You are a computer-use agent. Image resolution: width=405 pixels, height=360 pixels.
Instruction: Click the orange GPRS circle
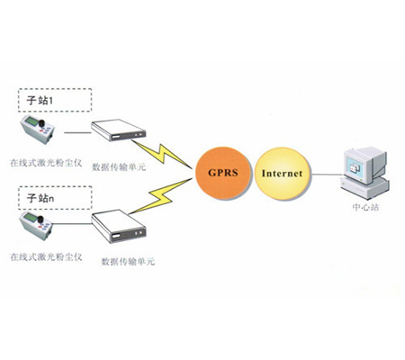(x=223, y=173)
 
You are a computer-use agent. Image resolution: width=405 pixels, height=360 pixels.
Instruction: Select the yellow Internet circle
(x=282, y=174)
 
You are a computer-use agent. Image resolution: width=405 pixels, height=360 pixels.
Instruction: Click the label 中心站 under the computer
(x=365, y=207)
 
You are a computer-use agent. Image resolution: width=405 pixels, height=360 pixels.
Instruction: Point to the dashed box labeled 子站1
(x=55, y=100)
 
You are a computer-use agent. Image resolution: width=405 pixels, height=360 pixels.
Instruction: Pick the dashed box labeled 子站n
(x=55, y=198)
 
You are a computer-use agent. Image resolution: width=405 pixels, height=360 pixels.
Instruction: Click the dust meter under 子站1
(x=37, y=130)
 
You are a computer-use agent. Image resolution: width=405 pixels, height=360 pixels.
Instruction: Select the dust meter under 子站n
(x=36, y=226)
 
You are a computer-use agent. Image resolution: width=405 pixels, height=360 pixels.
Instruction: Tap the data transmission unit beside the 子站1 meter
(x=118, y=130)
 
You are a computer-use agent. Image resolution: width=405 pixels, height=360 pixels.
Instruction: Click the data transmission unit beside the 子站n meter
(x=119, y=226)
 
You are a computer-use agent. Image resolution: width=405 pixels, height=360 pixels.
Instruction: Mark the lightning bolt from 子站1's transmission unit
(x=162, y=154)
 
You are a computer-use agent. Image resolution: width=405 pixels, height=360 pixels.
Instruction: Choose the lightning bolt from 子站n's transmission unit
(x=160, y=196)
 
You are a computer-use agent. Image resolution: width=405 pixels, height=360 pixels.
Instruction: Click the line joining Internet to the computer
(x=327, y=174)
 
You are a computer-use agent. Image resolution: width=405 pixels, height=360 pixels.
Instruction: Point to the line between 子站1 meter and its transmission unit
(x=77, y=132)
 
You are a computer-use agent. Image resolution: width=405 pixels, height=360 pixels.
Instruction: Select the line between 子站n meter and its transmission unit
(x=72, y=223)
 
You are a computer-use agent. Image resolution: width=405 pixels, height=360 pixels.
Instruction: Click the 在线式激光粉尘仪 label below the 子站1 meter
(x=46, y=163)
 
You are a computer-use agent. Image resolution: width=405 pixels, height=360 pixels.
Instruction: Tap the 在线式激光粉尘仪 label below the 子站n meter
(x=46, y=256)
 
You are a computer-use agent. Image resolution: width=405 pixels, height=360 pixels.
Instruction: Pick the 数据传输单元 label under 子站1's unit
(x=119, y=166)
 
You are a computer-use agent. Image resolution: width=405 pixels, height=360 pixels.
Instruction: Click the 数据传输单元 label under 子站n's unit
(x=128, y=261)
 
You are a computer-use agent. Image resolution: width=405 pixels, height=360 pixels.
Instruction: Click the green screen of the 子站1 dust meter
(x=31, y=121)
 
